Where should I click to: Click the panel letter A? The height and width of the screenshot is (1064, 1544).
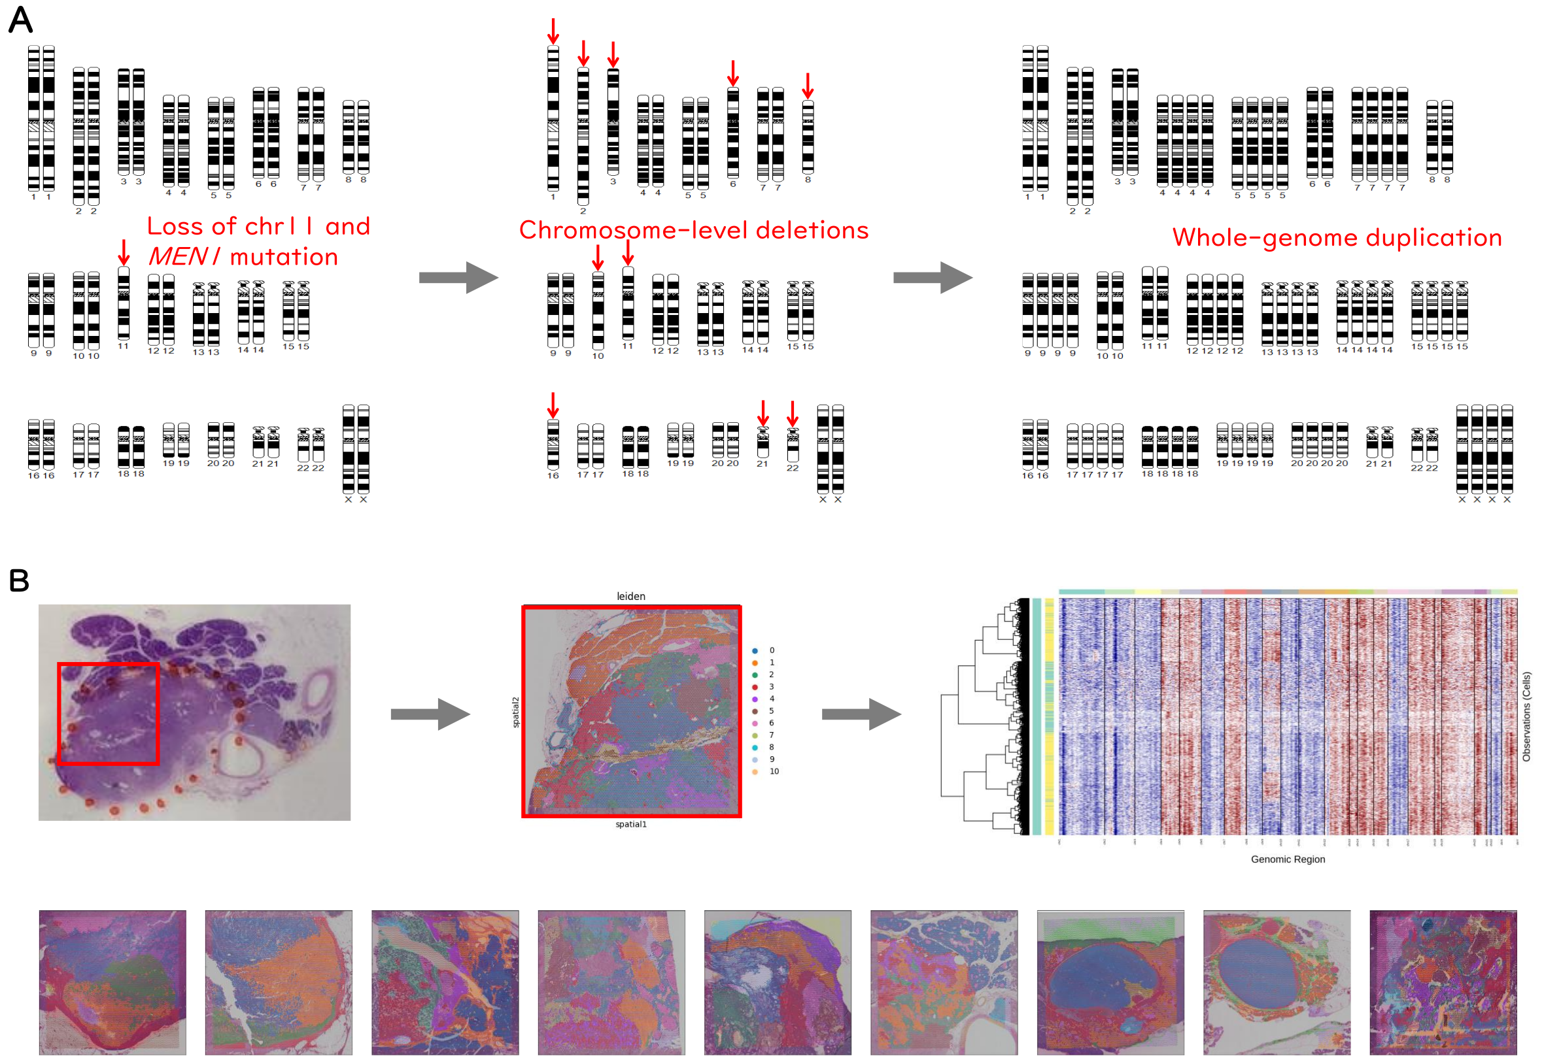(20, 20)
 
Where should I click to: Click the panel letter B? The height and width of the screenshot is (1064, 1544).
(19, 580)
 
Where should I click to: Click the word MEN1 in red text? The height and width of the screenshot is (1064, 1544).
(182, 258)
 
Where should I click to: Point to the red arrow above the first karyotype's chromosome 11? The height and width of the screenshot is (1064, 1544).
(124, 253)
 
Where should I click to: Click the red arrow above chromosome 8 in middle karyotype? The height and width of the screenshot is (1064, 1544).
(808, 86)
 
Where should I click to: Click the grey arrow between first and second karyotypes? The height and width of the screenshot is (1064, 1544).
(458, 277)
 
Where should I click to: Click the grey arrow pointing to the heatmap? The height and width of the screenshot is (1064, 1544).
(861, 714)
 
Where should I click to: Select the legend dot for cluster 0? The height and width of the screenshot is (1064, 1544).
(755, 651)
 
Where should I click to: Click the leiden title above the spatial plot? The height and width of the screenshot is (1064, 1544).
(630, 596)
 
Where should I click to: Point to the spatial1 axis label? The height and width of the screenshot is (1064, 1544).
(630, 824)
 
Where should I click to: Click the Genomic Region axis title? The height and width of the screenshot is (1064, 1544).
(1287, 859)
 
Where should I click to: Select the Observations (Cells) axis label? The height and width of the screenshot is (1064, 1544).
(1526, 716)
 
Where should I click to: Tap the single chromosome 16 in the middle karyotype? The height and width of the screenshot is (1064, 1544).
(553, 444)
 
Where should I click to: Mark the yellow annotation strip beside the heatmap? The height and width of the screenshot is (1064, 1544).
(1049, 716)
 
